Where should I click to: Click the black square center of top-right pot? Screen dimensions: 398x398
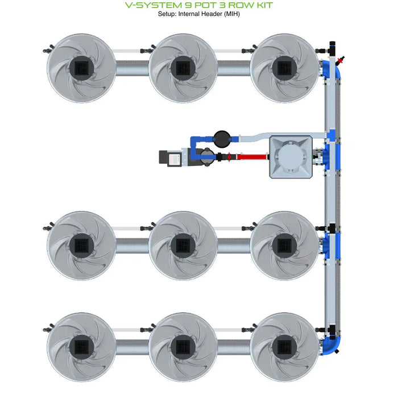pyautogui.click(x=284, y=68)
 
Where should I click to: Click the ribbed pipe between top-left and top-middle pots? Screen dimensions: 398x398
pyautogui.click(x=132, y=69)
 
